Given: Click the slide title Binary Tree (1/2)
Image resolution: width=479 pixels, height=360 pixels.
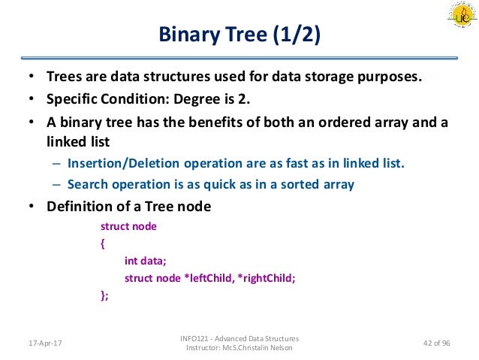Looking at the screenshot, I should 239,35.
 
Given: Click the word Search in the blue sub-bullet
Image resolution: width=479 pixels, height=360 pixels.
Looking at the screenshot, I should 86,184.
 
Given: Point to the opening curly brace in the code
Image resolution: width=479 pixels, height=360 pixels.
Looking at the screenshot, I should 103,243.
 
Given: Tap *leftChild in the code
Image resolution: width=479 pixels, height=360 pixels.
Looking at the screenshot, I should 206,277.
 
